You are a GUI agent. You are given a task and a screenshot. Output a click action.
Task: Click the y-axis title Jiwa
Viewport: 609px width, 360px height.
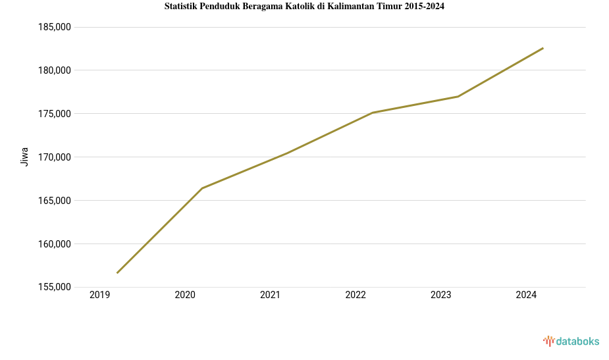pos(25,157)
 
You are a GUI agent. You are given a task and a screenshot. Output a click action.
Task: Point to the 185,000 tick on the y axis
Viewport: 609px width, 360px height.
pos(55,28)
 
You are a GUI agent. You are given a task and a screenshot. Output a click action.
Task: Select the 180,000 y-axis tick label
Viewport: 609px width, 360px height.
pos(55,70)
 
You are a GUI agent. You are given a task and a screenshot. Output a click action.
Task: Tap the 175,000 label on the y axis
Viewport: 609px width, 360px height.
pos(55,114)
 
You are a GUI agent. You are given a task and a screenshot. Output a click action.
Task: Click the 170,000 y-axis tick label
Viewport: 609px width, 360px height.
pos(55,157)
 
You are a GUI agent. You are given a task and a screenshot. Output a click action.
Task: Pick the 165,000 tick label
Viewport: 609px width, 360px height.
pos(55,201)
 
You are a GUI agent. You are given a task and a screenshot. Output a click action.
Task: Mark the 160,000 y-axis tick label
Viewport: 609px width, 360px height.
pos(55,244)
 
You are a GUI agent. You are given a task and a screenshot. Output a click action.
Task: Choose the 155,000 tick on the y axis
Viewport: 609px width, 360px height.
pos(55,288)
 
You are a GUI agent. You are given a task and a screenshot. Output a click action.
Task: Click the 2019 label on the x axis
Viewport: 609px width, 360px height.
pos(100,296)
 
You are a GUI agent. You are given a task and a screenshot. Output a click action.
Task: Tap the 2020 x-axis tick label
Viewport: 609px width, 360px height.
pos(185,296)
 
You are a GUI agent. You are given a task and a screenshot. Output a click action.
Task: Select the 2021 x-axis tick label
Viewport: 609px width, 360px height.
pos(271,296)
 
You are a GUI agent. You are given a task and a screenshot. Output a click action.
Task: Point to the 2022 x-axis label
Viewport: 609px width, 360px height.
pos(356,296)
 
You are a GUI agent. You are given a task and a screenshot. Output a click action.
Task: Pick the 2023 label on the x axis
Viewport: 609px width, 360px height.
pos(441,296)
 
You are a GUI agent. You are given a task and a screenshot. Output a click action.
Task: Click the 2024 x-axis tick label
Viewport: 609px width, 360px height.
pos(526,296)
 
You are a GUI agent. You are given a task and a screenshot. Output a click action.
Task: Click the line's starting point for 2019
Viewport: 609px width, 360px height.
pos(117,272)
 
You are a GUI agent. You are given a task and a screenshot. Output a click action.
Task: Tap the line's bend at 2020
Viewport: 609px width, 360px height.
pos(202,188)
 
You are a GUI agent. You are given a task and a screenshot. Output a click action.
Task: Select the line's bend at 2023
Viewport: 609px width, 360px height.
pos(458,97)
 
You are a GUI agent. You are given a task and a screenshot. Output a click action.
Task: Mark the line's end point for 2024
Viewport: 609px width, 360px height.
pos(543,48)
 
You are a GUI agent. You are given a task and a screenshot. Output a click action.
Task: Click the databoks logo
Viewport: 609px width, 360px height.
pos(571,341)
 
